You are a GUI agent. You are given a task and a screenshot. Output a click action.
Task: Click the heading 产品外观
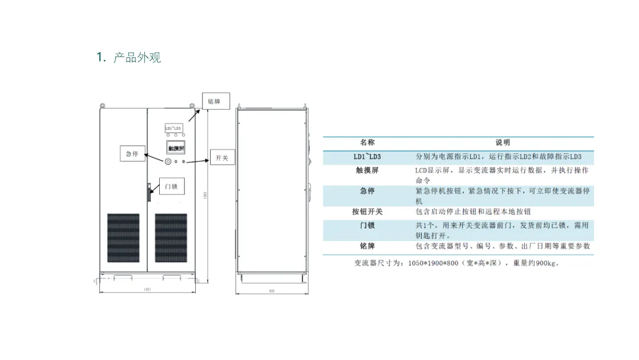click(x=137, y=57)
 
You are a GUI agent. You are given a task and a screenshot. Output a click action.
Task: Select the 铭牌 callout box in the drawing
click(x=214, y=101)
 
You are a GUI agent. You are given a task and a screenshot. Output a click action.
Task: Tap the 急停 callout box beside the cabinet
click(x=132, y=154)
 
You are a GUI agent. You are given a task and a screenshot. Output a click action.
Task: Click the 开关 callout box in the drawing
click(x=222, y=158)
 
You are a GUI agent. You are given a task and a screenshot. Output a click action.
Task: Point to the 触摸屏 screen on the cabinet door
click(x=176, y=147)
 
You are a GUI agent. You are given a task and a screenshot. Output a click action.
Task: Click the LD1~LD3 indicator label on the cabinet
click(x=173, y=128)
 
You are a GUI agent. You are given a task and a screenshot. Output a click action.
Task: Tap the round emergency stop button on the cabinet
click(x=167, y=162)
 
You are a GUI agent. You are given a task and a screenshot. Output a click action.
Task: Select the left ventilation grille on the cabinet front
click(x=123, y=238)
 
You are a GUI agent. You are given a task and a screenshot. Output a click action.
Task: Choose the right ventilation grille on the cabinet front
click(x=171, y=238)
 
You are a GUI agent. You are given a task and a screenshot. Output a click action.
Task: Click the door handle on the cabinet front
click(x=149, y=192)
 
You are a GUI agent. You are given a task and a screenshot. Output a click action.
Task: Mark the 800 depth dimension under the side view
click(x=272, y=291)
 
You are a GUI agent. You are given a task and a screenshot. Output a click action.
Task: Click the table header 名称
click(x=367, y=143)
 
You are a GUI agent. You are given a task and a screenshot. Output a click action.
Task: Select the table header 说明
click(x=502, y=143)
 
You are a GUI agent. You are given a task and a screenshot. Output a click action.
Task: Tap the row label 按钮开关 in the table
click(x=367, y=212)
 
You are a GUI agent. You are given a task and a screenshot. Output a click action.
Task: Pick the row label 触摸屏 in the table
click(x=367, y=171)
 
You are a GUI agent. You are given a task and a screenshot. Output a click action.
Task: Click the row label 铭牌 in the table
click(x=367, y=246)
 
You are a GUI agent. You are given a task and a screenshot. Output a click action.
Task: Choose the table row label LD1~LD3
click(x=367, y=157)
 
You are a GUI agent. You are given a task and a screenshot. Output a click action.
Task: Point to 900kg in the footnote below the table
click(x=547, y=263)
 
